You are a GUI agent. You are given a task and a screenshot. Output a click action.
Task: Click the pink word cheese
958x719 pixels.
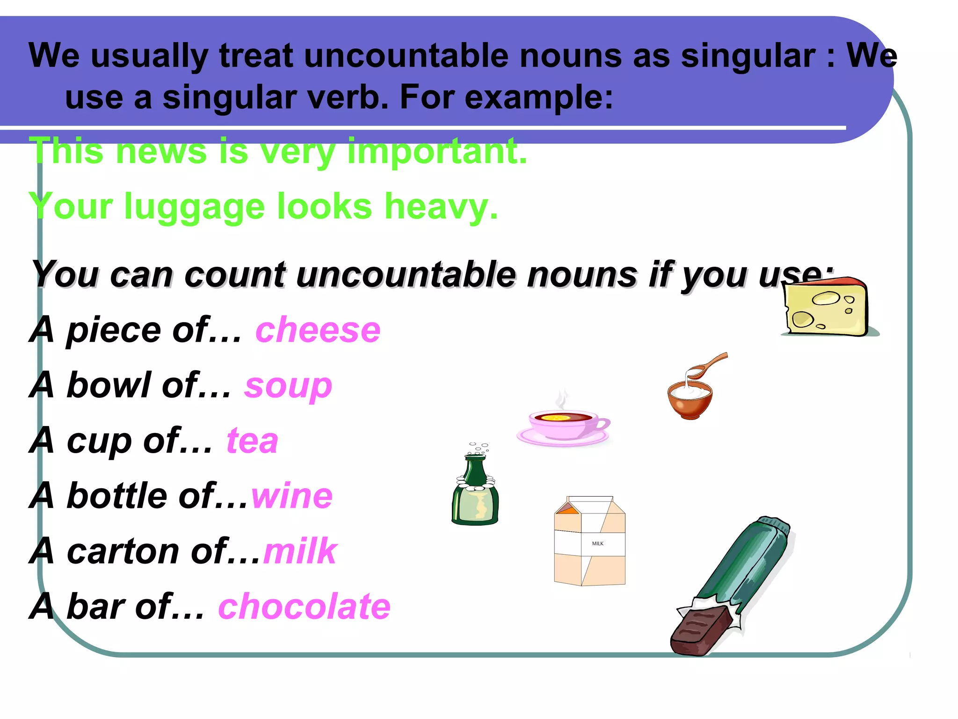[x=318, y=330]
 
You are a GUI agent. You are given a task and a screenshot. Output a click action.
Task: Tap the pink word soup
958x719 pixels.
[x=288, y=387]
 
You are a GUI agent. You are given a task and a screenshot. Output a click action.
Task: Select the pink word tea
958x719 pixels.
[x=253, y=441]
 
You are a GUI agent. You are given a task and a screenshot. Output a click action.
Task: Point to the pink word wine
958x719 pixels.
[x=292, y=496]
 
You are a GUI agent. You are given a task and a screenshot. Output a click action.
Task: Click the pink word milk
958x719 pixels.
[x=300, y=551]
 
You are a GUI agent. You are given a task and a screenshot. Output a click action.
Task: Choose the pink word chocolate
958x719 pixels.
[x=304, y=607]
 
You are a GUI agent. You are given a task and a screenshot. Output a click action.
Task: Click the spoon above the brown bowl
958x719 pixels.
[x=708, y=365]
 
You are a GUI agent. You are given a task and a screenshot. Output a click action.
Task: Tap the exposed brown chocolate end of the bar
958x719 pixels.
[x=700, y=632]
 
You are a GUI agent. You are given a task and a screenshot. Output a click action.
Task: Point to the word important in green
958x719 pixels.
[x=437, y=152]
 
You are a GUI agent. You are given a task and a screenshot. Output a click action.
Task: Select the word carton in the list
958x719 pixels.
[x=123, y=551]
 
